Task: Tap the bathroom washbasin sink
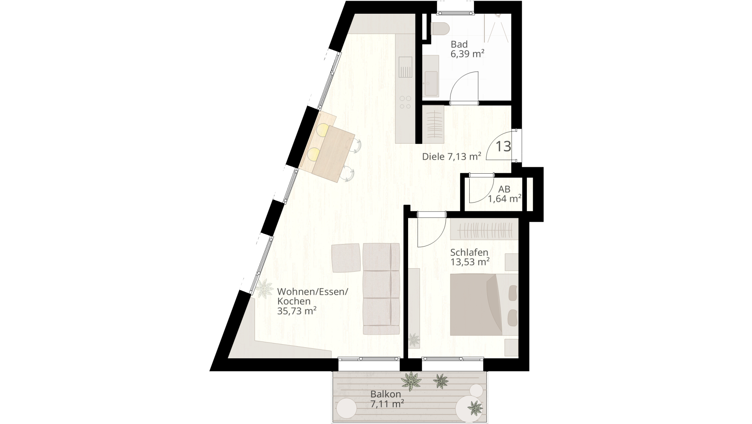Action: pos(431,83)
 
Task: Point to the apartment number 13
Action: pos(503,146)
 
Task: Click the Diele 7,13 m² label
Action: pos(452,157)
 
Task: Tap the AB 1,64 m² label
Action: pos(504,194)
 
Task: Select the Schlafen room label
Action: pos(469,252)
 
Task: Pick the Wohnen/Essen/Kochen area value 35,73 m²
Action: pos(297,311)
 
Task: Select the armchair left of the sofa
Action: pos(346,258)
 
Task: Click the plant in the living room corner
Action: pos(264,289)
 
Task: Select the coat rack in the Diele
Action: pos(434,125)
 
